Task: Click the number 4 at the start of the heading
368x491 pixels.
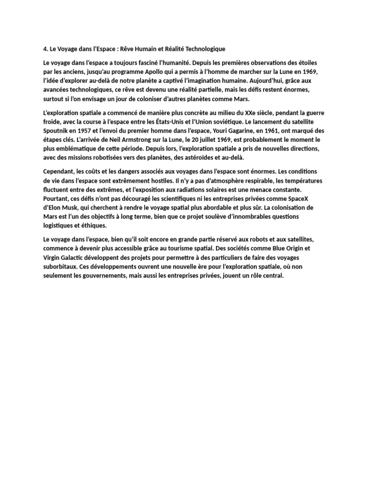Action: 45,49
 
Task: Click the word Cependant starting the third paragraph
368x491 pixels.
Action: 60,172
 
